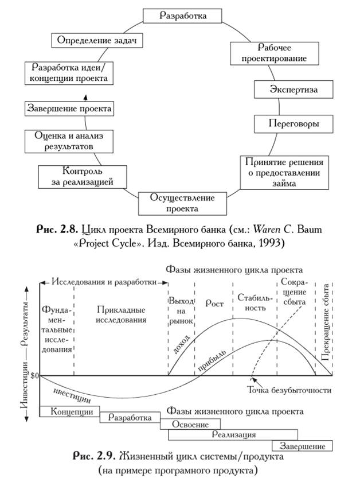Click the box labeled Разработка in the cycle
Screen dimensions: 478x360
coord(182,15)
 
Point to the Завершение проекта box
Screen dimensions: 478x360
coord(69,108)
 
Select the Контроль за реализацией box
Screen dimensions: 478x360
coord(82,177)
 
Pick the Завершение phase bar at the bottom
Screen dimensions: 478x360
coord(302,446)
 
